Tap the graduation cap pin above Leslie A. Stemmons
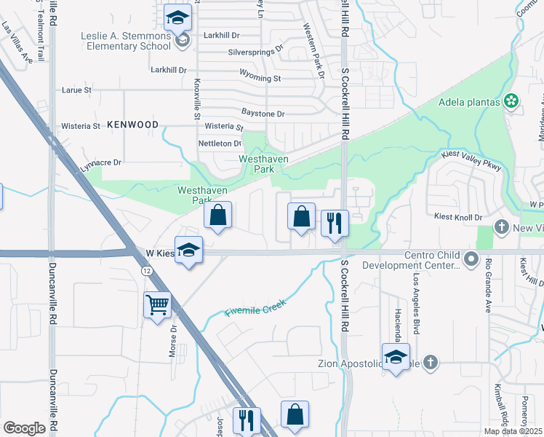(x=177, y=20)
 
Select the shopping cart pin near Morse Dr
(x=158, y=305)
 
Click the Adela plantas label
(x=470, y=102)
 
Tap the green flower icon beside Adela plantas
(x=511, y=101)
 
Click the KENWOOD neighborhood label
(x=132, y=125)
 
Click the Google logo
(x=24, y=428)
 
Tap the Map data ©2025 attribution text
(x=513, y=431)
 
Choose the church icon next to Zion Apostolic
(x=431, y=361)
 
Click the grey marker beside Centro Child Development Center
(x=472, y=258)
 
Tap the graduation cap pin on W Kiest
(x=189, y=250)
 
